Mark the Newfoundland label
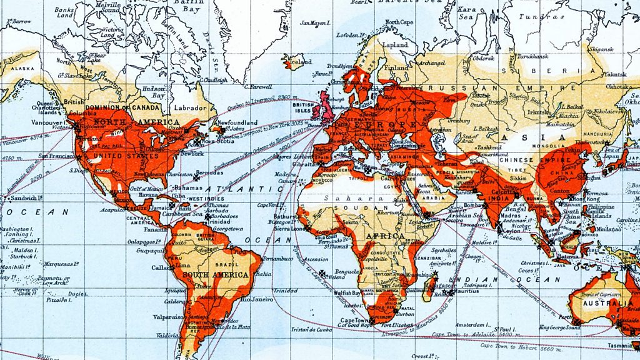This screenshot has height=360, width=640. (x=236, y=123)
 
